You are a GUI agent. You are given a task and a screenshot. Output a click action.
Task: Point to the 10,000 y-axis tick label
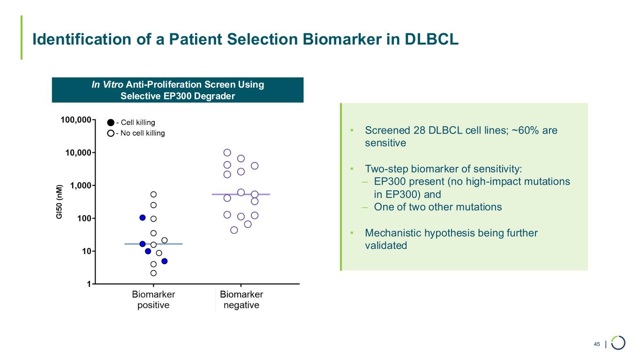click(78, 153)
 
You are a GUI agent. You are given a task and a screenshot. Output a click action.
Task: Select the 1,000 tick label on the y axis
click(80, 186)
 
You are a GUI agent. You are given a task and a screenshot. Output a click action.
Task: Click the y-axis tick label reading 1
click(89, 284)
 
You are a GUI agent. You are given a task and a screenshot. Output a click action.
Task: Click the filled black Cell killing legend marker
click(111, 123)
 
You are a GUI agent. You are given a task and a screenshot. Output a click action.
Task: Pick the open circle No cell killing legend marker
click(111, 133)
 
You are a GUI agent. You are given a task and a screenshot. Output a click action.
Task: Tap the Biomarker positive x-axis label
click(153, 300)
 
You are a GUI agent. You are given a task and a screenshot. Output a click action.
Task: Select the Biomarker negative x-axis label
click(241, 300)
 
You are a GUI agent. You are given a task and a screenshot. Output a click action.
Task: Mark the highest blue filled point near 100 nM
click(143, 217)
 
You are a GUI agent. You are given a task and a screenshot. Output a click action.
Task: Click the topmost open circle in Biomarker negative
click(227, 152)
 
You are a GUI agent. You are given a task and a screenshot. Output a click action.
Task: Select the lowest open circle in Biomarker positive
click(153, 273)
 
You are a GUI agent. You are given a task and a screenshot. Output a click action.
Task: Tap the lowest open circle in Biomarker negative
click(234, 230)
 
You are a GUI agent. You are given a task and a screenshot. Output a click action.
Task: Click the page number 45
click(597, 345)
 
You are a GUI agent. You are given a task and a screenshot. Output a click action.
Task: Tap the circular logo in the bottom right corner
click(618, 343)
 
